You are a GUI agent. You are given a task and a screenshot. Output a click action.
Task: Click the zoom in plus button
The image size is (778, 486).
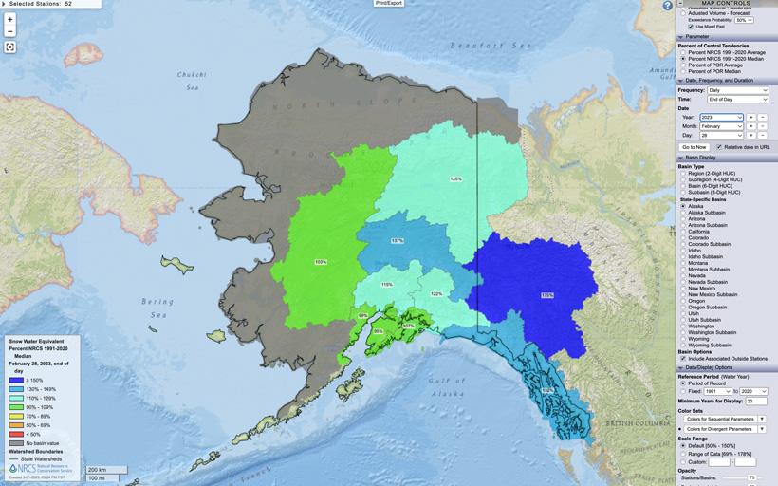point(10,19)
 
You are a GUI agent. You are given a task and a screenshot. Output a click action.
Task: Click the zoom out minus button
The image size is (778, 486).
point(10,31)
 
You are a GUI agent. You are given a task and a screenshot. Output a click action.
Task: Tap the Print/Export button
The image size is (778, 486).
point(389,3)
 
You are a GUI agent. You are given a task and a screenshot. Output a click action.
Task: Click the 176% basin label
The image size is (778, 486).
point(546,295)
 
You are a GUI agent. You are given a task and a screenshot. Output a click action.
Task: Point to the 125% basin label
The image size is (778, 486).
point(455,178)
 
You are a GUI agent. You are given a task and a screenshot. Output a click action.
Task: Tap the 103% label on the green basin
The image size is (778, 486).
point(321,262)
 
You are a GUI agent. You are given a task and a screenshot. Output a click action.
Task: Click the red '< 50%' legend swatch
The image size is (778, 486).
point(16,434)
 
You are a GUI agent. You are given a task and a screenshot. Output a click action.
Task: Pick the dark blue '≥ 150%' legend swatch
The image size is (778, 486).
point(16,380)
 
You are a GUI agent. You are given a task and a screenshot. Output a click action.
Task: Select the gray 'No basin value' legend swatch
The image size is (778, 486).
point(16,442)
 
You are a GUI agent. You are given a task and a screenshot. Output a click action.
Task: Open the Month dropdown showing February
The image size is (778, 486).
point(721,126)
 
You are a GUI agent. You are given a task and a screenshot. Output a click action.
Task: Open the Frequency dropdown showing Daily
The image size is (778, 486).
point(735,90)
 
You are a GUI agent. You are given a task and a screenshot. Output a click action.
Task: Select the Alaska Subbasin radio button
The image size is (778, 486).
point(683,212)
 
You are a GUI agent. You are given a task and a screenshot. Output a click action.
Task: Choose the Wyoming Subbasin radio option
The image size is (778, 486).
point(683,345)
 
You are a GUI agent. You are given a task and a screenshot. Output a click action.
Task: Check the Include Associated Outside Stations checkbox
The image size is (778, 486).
point(683,358)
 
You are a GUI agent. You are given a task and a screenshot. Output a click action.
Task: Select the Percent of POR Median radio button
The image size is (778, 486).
point(683,71)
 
